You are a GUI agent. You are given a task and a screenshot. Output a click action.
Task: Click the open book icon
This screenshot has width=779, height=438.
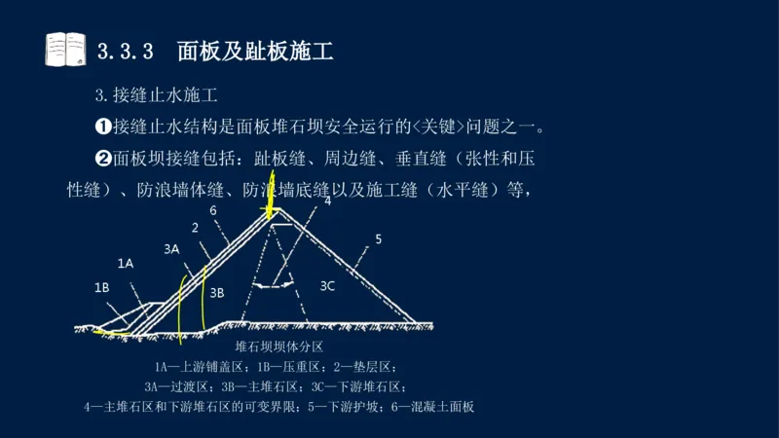(x=65, y=50)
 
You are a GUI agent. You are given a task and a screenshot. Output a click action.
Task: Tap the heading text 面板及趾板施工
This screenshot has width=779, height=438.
(x=256, y=51)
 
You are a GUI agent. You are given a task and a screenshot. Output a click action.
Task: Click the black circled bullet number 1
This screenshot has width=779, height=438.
(x=102, y=127)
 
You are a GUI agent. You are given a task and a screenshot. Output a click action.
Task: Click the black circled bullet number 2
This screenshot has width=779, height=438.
(x=102, y=159)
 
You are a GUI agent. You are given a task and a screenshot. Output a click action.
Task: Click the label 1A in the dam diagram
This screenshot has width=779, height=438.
(x=126, y=263)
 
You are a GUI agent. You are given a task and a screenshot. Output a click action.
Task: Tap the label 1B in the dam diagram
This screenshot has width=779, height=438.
(x=101, y=287)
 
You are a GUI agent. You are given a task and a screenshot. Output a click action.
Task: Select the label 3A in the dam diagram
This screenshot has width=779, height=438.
(x=171, y=249)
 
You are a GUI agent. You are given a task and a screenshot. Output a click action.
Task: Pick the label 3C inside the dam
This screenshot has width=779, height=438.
(x=327, y=285)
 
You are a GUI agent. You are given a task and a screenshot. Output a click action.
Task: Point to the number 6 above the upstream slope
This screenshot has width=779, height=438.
(x=212, y=210)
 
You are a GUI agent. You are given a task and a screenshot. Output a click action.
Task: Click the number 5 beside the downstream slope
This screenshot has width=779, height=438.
(x=379, y=238)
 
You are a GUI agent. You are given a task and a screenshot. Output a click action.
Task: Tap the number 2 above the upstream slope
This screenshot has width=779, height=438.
(x=195, y=228)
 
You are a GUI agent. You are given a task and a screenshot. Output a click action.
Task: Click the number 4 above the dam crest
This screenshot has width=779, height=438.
(x=327, y=201)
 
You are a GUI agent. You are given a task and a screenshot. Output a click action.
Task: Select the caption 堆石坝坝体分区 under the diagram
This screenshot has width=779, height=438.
(x=279, y=347)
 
